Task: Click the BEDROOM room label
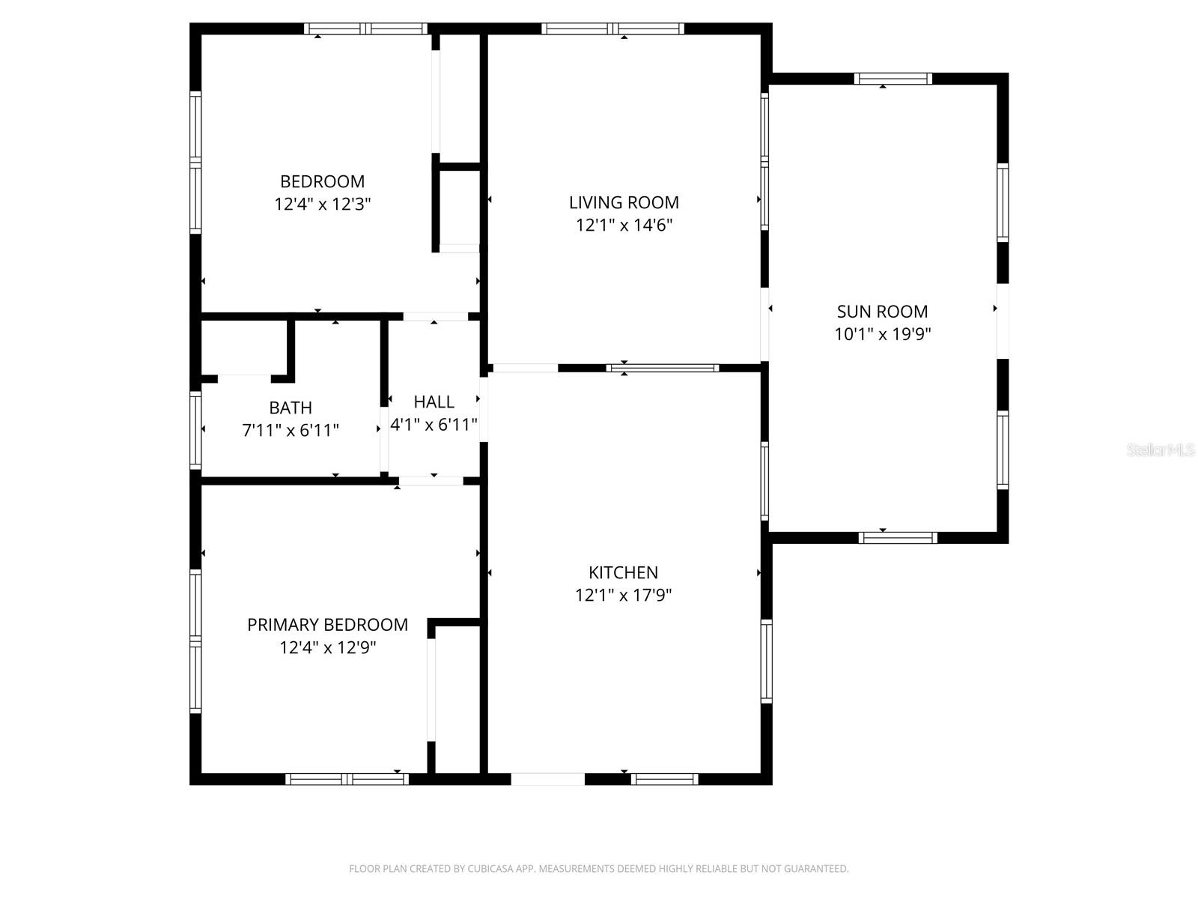coord(322,181)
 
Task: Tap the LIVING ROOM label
coord(624,202)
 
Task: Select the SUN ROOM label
coord(882,312)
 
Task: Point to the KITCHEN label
coord(623,572)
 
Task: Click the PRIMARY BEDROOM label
coord(327,625)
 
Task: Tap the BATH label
coord(291,408)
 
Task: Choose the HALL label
coord(434,402)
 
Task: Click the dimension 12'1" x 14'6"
coord(624,225)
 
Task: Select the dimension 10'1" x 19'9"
coord(882,334)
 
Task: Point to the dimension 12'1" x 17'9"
coord(623,596)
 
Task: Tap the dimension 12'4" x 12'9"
coord(327,647)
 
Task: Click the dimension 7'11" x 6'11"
coord(291,431)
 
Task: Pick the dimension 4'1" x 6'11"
coord(434,425)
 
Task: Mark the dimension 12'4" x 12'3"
coord(322,204)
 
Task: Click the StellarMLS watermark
coord(1160,450)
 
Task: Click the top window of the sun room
coord(893,79)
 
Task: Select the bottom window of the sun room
coord(897,537)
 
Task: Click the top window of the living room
coord(612,29)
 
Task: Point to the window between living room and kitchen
coord(662,368)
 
